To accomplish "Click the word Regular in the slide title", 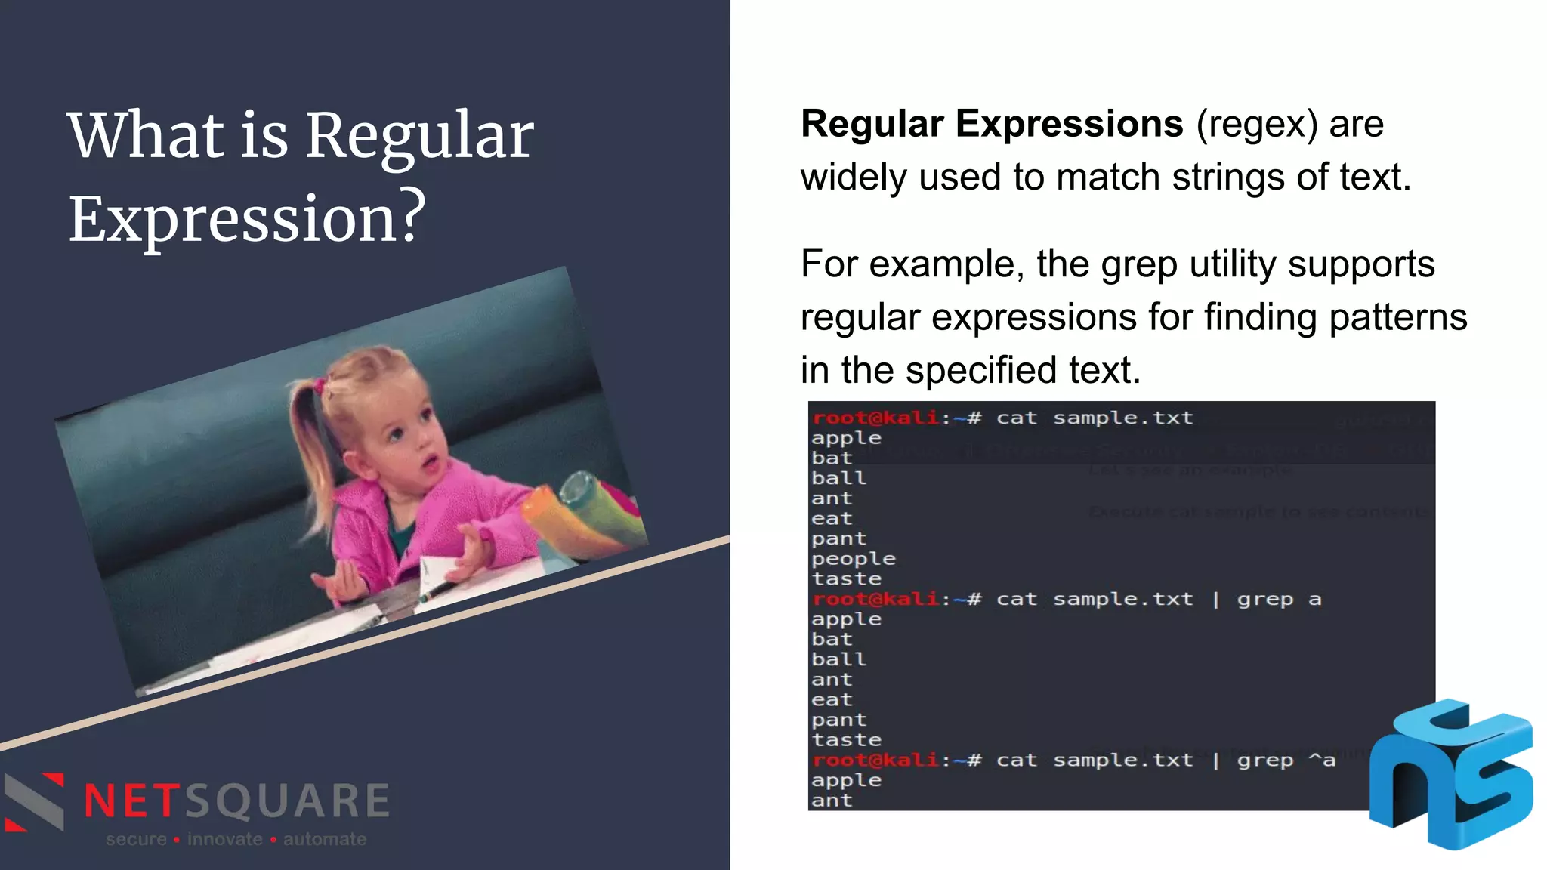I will (419, 136).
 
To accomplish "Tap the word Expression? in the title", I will (247, 219).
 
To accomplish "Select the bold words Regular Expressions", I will (991, 124).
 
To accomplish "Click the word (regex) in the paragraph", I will (1257, 125).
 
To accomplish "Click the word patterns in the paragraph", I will (1397, 317).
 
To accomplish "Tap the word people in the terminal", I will (853, 560).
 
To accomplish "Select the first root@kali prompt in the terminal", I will (875, 418).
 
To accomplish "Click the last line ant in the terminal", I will (831, 801).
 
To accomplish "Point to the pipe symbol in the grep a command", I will (1215, 600).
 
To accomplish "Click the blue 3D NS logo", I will (1450, 774).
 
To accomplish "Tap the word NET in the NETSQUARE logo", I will (130, 801).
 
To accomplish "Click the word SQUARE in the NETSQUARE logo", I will (287, 801).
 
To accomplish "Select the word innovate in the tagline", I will (224, 839).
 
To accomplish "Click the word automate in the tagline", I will (325, 839).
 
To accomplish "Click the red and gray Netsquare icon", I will (34, 802).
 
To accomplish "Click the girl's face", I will (412, 446).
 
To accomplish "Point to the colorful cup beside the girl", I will (578, 514).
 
